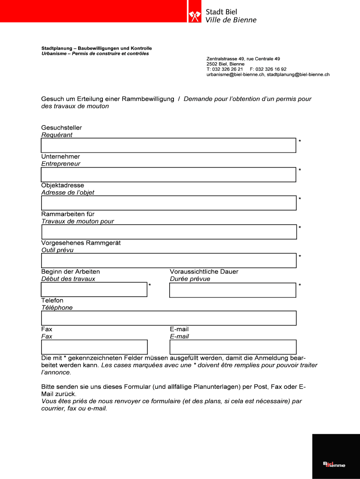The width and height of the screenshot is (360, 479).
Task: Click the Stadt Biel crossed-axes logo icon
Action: click(194, 16)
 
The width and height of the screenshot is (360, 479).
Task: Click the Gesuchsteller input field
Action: click(168, 145)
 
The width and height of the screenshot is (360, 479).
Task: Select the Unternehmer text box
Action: click(168, 174)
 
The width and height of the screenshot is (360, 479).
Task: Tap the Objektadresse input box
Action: click(168, 203)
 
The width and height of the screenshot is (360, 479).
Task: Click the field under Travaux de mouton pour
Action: click(168, 232)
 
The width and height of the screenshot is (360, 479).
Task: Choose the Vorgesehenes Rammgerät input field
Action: click(168, 261)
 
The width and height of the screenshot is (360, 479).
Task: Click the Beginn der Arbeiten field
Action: click(94, 290)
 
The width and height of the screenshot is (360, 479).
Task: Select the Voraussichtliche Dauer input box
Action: click(232, 290)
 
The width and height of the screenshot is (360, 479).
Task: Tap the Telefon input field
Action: click(168, 318)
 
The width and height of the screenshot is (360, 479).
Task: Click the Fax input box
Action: click(94, 347)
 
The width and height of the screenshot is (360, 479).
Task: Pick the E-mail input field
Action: click(232, 347)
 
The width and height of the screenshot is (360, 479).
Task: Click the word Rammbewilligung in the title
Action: click(148, 99)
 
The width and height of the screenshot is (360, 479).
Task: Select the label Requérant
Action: click(57, 135)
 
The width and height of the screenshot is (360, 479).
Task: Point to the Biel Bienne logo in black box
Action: click(334, 464)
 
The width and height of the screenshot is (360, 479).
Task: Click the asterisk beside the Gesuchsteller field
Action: click(300, 141)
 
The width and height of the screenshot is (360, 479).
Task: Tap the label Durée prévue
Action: click(190, 279)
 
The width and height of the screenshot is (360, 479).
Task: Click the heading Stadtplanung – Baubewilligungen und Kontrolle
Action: click(96, 49)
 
